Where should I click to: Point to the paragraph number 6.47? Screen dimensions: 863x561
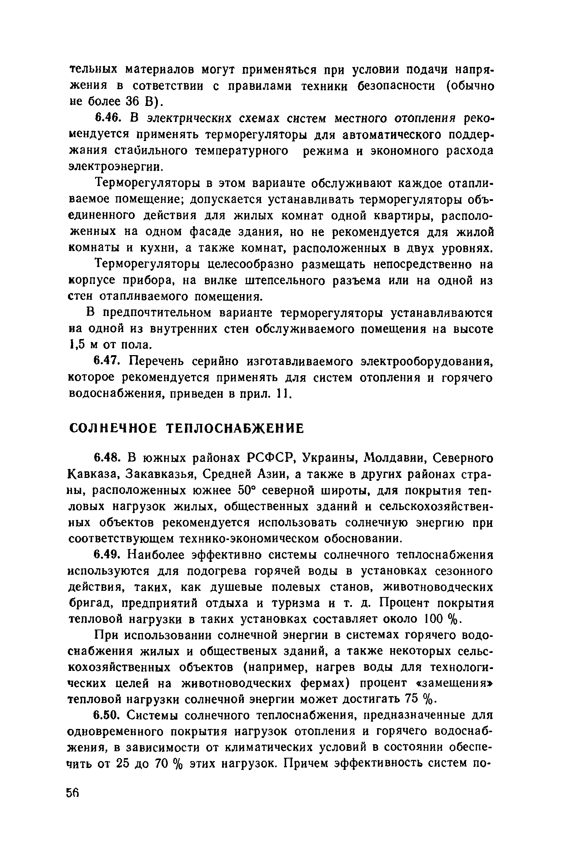tap(106, 362)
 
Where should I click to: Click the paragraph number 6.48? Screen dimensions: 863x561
tap(106, 458)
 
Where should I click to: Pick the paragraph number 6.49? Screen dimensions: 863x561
tap(106, 555)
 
